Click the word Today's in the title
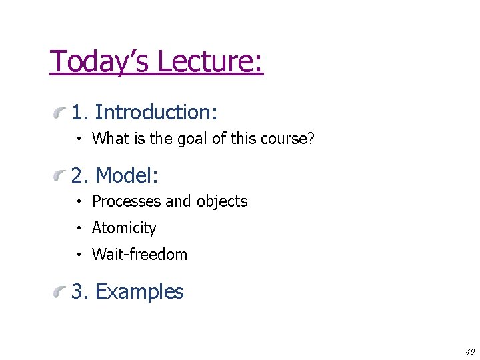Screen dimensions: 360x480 click(101, 61)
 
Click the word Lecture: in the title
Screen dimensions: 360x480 click(211, 61)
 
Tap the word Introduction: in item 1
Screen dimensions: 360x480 click(157, 112)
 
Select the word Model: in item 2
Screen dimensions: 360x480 click(127, 175)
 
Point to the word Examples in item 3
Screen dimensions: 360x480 click(139, 291)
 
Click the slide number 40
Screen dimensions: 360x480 click(469, 351)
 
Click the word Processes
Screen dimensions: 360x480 click(127, 201)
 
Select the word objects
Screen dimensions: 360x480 click(222, 201)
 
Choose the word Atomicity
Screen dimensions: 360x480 click(124, 228)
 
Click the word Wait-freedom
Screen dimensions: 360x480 click(140, 254)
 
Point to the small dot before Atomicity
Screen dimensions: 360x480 click(79, 229)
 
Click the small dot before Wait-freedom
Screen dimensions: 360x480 click(79, 255)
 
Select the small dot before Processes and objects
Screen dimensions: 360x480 click(79, 202)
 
